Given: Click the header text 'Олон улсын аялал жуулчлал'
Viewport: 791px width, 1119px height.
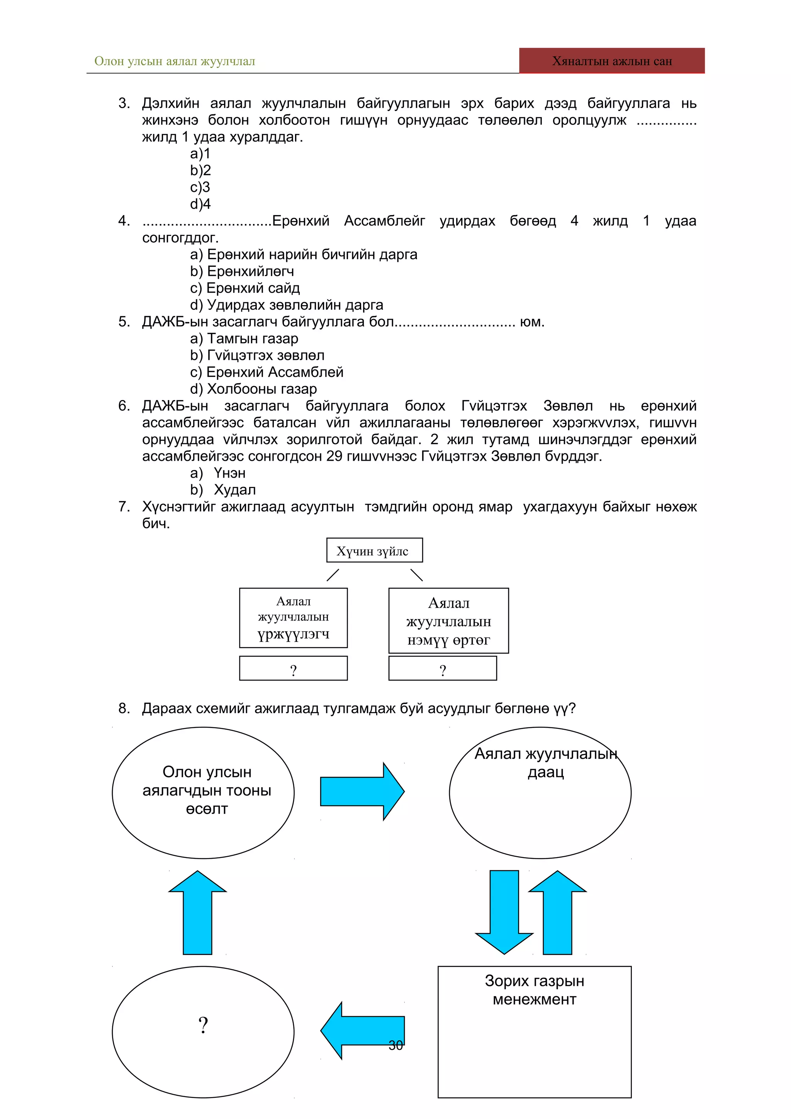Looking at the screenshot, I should click(175, 61).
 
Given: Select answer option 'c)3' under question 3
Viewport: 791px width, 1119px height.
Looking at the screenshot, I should click(200, 187).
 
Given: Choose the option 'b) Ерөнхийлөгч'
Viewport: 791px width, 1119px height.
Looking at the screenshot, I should click(242, 271).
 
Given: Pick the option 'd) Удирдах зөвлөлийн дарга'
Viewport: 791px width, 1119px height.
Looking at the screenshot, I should click(287, 305).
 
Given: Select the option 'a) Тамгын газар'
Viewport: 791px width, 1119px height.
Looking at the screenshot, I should click(244, 338).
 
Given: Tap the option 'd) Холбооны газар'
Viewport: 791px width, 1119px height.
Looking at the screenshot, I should click(253, 389).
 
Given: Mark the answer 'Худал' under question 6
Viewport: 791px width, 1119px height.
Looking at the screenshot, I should click(234, 490).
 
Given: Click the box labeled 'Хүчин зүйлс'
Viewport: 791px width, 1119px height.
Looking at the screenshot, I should click(374, 551).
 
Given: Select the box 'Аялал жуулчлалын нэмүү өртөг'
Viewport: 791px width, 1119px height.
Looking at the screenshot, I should click(448, 621).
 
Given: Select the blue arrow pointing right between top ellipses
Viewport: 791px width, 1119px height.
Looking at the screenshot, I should click(362, 792).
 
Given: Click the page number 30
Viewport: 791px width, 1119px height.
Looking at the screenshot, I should click(396, 1045).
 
